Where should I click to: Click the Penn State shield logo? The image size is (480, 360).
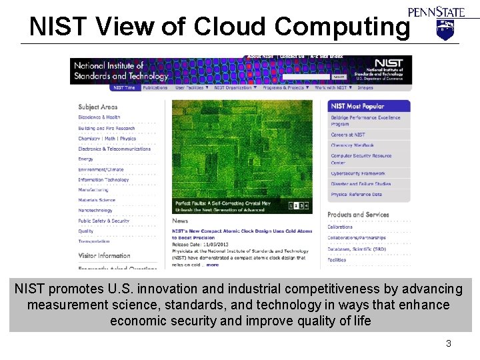(x=444, y=29)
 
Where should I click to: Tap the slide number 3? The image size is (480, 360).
(x=449, y=343)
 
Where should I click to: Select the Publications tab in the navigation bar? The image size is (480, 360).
(x=155, y=87)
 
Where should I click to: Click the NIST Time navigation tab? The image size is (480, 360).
(x=124, y=87)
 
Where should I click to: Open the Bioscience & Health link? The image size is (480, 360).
(x=99, y=117)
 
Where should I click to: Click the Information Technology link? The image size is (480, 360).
(x=103, y=179)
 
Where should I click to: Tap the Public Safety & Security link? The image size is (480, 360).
(x=103, y=221)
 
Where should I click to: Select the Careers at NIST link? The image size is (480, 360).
(x=349, y=135)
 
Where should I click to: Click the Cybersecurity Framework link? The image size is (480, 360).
(x=358, y=173)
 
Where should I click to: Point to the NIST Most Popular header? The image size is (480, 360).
(x=358, y=106)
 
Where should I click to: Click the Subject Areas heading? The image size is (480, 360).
(x=98, y=107)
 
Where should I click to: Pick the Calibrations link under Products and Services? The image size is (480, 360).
(x=341, y=227)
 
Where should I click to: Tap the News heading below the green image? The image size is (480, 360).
(x=180, y=221)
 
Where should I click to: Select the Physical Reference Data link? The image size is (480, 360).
(x=357, y=195)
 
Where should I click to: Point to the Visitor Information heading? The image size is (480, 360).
(x=104, y=255)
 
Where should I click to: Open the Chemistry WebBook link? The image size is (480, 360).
(x=353, y=145)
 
